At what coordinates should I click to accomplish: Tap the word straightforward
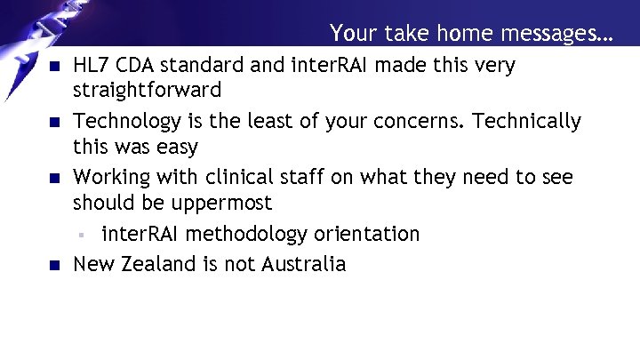pyautogui.click(x=147, y=91)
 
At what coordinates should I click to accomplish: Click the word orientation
pyautogui.click(x=365, y=235)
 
